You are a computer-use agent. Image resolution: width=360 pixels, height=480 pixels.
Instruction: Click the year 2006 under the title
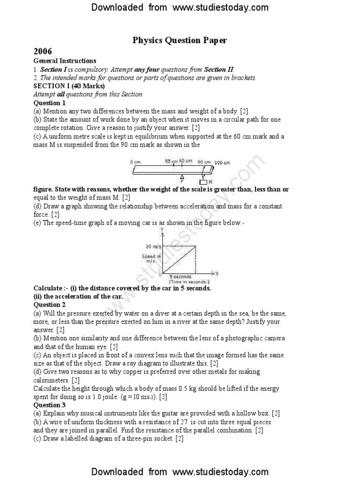43,52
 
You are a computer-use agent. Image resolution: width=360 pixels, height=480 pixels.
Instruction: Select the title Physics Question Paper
180,40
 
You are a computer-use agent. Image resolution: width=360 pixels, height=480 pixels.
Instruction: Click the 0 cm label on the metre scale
135,162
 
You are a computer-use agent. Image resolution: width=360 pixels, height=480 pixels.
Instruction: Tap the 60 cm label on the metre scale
186,161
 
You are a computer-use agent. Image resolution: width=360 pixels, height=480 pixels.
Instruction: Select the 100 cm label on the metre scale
222,163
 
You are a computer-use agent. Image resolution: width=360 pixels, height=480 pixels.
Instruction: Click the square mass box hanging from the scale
203,181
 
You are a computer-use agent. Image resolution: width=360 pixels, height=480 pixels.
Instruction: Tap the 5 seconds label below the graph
180,277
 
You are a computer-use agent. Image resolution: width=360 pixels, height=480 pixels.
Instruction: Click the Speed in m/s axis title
151,258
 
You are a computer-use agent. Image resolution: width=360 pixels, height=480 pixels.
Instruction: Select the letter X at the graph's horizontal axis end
217,272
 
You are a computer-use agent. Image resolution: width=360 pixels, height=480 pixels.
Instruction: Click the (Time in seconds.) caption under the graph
189,282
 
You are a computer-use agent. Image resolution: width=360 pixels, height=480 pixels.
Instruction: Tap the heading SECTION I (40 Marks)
69,86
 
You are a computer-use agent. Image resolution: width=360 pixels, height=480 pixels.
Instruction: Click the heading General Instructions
65,60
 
